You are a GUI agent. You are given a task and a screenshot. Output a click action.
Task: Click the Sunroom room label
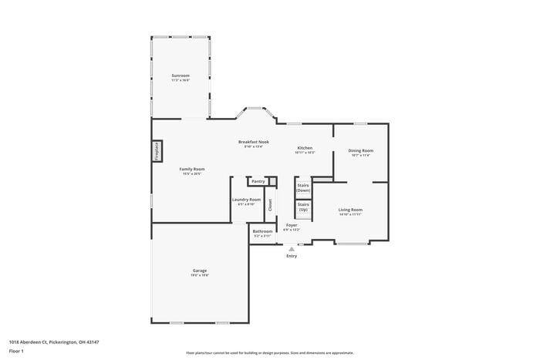click(181, 76)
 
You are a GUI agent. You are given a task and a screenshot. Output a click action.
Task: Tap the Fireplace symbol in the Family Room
click(157, 151)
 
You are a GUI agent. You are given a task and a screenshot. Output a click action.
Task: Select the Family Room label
click(192, 169)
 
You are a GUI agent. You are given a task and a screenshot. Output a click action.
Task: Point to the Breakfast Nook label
click(253, 142)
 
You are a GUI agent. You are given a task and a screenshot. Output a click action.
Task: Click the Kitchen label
click(305, 148)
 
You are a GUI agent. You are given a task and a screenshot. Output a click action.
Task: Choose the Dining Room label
click(360, 150)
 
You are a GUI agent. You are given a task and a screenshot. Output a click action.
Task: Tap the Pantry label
click(258, 181)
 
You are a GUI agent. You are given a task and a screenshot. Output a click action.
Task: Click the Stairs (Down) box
click(303, 187)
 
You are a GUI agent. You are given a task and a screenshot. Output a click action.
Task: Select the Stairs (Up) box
click(303, 207)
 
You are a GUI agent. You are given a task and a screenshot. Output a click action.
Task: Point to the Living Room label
click(350, 210)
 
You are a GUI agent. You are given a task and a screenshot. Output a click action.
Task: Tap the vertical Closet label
click(270, 205)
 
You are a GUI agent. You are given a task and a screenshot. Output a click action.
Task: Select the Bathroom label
click(262, 231)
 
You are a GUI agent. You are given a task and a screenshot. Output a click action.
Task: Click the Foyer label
click(292, 225)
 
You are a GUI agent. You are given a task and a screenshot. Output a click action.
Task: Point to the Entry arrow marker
click(292, 249)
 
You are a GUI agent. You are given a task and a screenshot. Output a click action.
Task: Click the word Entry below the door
click(292, 256)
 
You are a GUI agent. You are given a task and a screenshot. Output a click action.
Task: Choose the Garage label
click(200, 271)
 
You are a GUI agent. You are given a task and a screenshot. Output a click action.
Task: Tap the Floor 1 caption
click(16, 351)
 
